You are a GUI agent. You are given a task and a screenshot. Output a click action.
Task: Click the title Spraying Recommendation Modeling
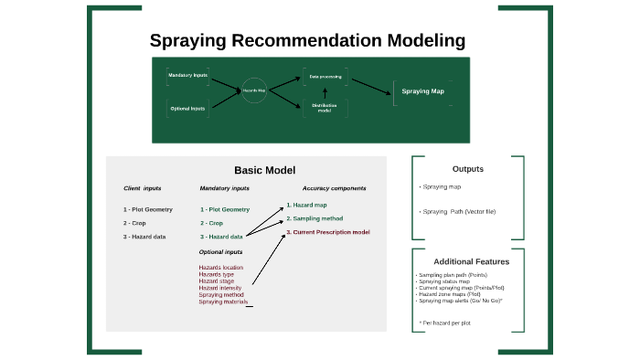tap(307, 41)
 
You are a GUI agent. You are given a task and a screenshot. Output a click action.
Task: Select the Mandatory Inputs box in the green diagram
tap(187, 74)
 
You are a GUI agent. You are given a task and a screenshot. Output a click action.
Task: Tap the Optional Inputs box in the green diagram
tap(187, 109)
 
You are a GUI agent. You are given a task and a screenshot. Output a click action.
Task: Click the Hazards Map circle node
tap(253, 91)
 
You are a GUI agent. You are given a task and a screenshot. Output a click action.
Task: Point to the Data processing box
tap(325, 77)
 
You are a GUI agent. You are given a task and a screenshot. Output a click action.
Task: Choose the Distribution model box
tap(325, 108)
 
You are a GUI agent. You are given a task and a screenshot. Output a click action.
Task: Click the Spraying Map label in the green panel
tap(423, 91)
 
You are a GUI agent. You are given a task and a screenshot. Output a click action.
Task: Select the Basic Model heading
tap(265, 170)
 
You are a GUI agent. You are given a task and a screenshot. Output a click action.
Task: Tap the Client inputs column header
tap(142, 188)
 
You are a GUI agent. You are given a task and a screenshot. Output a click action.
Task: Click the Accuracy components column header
tap(334, 188)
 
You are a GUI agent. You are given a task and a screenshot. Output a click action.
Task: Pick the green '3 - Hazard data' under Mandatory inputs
tap(221, 237)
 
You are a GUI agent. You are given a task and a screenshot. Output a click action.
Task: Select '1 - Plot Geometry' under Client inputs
tap(147, 209)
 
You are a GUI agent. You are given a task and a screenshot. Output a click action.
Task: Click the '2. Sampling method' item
tap(315, 218)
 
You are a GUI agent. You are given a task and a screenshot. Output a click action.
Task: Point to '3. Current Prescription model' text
tap(327, 232)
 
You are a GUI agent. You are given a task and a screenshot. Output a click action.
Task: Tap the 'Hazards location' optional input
tap(220, 267)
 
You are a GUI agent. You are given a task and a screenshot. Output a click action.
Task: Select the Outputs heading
tap(468, 169)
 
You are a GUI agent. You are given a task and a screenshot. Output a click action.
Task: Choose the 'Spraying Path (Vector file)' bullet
tap(459, 211)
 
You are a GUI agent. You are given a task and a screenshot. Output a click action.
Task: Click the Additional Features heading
tap(471, 261)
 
